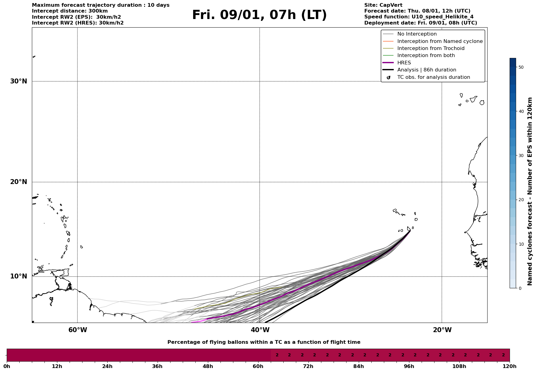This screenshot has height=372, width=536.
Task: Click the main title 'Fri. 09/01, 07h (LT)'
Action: click(x=259, y=15)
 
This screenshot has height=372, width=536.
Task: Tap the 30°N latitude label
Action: click(x=18, y=81)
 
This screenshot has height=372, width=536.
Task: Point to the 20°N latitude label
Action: click(x=18, y=182)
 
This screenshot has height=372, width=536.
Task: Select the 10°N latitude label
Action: click(x=18, y=276)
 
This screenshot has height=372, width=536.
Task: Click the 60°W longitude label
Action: click(x=78, y=330)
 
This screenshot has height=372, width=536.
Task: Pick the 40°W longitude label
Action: click(x=260, y=330)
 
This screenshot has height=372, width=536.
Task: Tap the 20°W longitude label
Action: click(x=442, y=330)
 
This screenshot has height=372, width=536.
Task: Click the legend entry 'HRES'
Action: click(x=404, y=63)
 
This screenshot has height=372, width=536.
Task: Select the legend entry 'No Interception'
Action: click(x=417, y=34)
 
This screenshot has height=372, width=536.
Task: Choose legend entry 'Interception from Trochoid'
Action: click(x=431, y=48)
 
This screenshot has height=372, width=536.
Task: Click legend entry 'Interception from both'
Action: click(x=426, y=56)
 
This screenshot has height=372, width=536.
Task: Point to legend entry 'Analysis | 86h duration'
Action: click(x=427, y=70)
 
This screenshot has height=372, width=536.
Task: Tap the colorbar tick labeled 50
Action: click(x=521, y=67)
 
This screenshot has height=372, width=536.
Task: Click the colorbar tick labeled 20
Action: click(x=521, y=200)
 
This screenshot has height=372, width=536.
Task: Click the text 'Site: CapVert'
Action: click(x=383, y=5)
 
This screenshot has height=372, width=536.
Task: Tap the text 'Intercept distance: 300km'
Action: click(x=70, y=11)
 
